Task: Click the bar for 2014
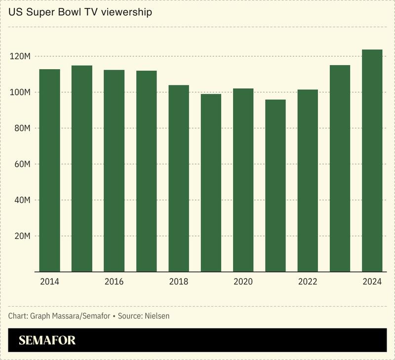pos(50,170)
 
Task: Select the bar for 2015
pos(82,168)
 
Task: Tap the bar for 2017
pos(147,171)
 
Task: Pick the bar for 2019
pos(211,183)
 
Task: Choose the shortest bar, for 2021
pos(276,186)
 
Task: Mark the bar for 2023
pos(340,168)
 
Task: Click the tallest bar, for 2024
pos(372,160)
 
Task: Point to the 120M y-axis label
pos(21,57)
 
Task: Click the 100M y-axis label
pos(21,93)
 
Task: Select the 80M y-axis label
pos(22,128)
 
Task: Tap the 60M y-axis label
pos(22,164)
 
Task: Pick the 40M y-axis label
pos(22,200)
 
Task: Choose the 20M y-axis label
pos(22,236)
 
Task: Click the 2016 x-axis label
pos(114,281)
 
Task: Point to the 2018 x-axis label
pos(179,281)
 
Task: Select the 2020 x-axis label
pos(243,281)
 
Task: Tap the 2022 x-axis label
pos(308,281)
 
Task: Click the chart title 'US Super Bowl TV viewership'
pos(80,12)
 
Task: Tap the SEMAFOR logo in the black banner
pos(47,340)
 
